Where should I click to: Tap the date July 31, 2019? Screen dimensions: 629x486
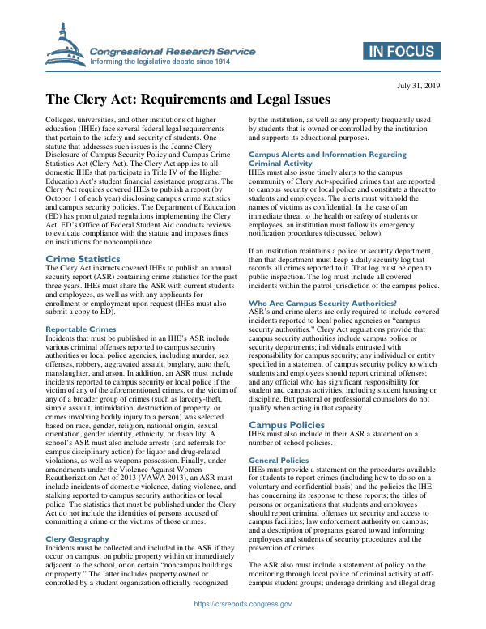pos(418,84)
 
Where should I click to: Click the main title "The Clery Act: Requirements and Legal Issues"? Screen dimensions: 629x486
pos(187,100)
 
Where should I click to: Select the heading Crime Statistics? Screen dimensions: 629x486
pos(83,236)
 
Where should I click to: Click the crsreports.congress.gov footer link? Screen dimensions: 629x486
pos(242,604)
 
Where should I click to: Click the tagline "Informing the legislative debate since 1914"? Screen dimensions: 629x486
pos(172,61)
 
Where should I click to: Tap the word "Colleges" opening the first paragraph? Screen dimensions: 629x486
pos(62,120)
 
